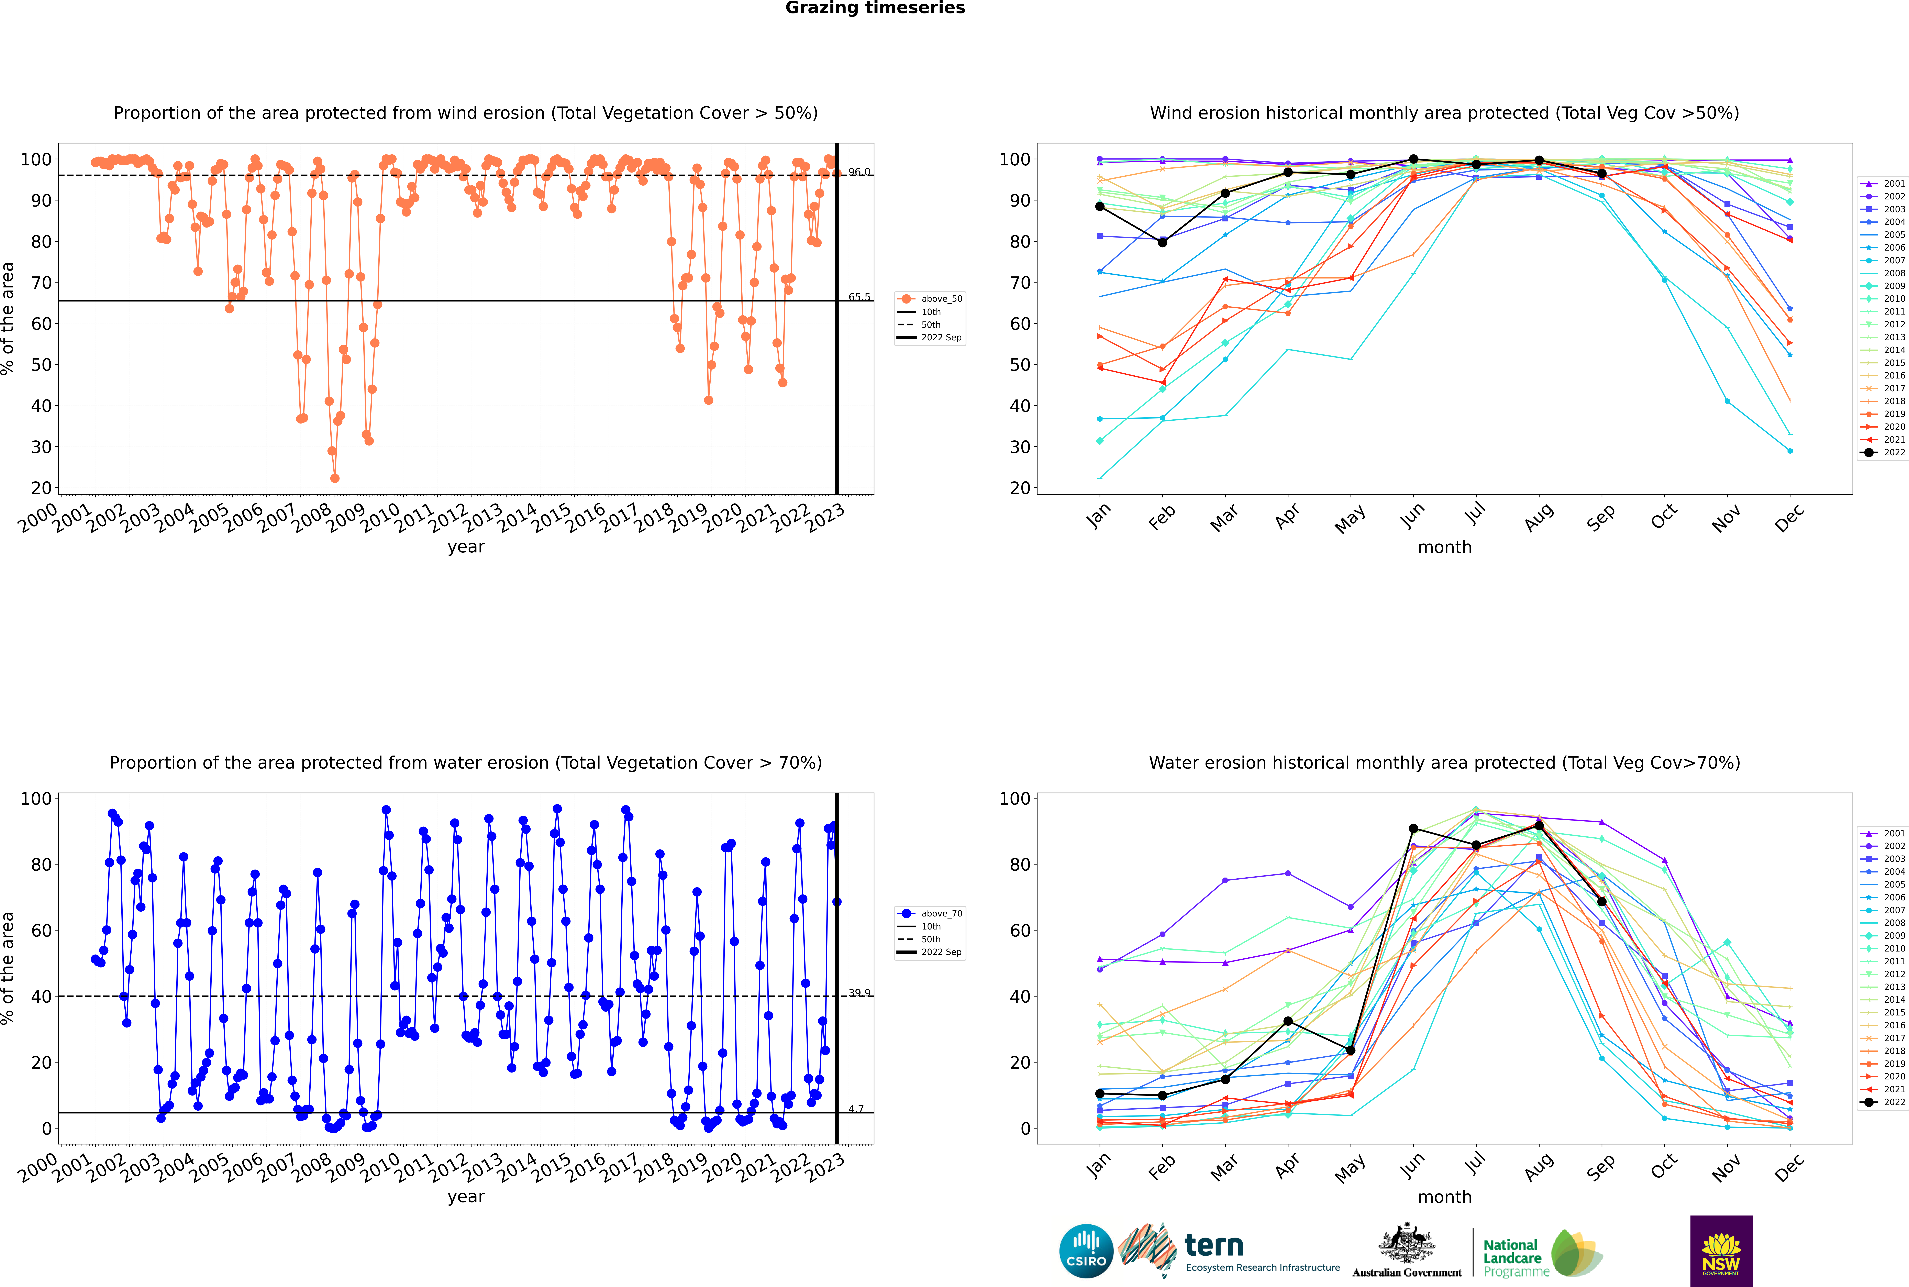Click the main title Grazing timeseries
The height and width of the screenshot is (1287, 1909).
(x=875, y=8)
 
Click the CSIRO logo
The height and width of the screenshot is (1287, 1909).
(x=1086, y=1251)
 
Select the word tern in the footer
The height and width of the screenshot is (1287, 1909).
(x=1214, y=1246)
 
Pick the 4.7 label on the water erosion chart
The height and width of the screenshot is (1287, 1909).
(x=855, y=1109)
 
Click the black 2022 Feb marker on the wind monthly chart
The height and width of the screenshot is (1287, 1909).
(x=1162, y=242)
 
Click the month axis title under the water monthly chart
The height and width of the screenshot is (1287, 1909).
(x=1444, y=1198)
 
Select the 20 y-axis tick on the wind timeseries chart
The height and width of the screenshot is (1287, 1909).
(x=41, y=487)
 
